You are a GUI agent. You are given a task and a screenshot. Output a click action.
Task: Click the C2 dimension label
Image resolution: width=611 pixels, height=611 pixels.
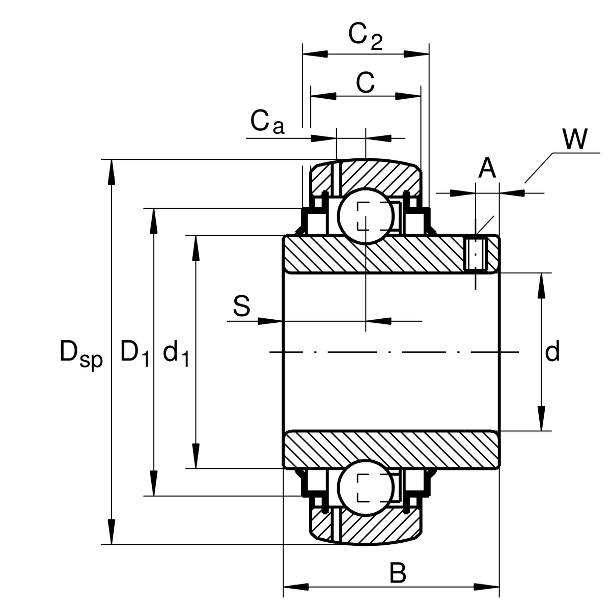[x=365, y=36]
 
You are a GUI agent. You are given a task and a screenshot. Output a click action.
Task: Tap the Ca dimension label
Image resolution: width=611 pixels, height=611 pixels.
[x=267, y=122]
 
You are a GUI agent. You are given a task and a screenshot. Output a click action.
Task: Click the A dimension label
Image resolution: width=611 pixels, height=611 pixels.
[x=487, y=169]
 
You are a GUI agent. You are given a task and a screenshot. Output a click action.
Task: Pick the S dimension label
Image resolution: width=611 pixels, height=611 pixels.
[x=242, y=307]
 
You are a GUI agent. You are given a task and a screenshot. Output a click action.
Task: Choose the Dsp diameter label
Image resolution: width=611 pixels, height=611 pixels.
[x=81, y=352]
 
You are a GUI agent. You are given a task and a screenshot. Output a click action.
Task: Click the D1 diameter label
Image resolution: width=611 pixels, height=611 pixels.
[x=135, y=352]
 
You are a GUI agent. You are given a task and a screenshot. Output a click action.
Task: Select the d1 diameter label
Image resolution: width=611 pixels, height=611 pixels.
[x=176, y=352]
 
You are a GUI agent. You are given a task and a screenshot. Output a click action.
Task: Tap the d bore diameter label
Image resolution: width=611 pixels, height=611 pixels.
[x=552, y=352]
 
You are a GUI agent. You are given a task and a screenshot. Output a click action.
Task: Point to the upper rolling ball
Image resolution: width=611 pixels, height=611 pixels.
[x=366, y=216]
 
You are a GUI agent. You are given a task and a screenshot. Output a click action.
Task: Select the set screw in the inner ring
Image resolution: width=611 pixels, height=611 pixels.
[x=477, y=254]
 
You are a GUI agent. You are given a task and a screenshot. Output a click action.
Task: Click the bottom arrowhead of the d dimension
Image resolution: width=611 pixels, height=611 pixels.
[x=541, y=419]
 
